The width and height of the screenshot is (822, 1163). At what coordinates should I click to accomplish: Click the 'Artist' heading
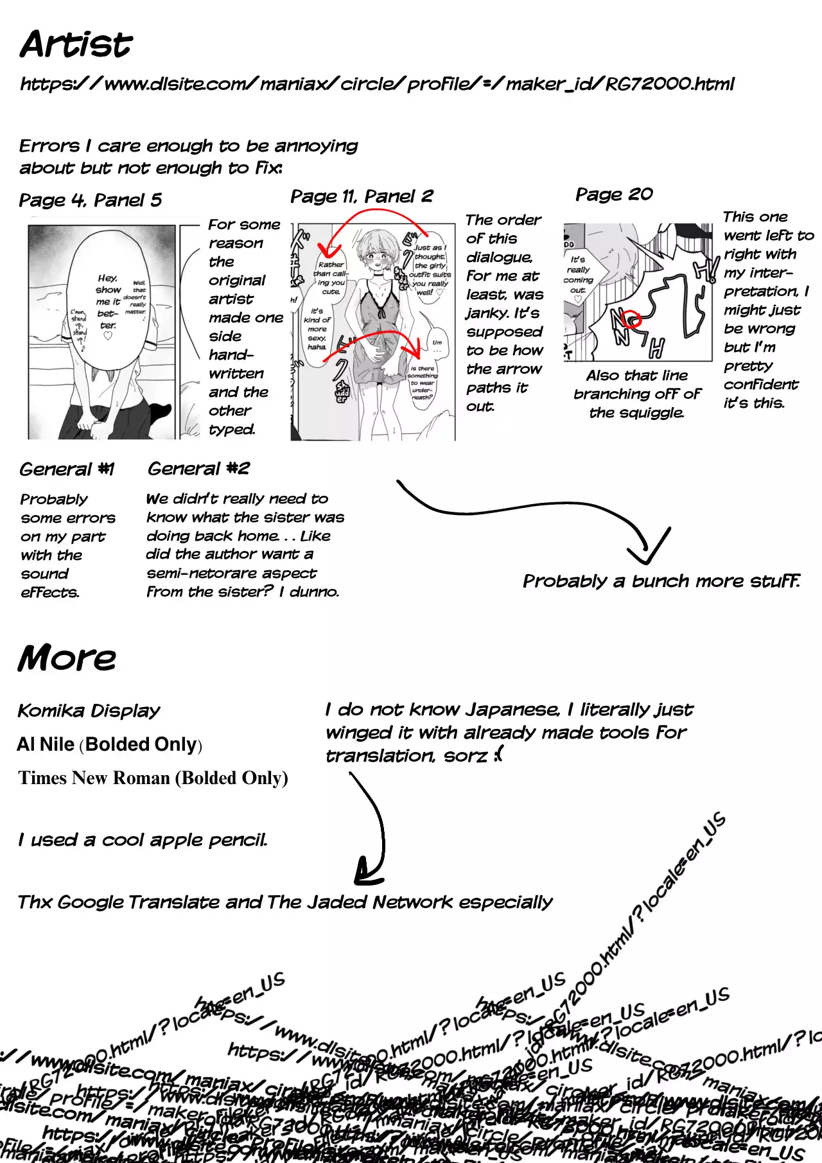click(x=76, y=44)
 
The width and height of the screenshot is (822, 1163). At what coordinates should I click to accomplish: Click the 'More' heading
click(x=67, y=658)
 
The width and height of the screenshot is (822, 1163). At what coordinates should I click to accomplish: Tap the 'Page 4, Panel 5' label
click(x=91, y=200)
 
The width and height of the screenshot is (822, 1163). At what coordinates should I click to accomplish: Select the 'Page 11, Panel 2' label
click(x=362, y=197)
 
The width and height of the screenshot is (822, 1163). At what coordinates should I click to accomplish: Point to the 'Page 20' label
click(x=614, y=195)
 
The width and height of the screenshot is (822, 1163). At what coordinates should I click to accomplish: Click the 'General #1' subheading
click(x=67, y=469)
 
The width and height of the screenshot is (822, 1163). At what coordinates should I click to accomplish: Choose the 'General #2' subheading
click(x=198, y=469)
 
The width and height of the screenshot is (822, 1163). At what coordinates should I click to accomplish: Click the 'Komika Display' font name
click(x=89, y=711)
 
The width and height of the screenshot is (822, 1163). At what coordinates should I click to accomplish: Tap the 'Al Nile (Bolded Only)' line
click(x=110, y=744)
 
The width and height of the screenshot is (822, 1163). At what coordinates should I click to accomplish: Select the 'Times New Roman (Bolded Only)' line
click(x=153, y=778)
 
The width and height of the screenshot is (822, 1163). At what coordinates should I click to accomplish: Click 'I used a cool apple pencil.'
click(x=143, y=840)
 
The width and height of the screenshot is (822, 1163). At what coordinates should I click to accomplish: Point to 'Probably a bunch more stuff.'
click(x=661, y=581)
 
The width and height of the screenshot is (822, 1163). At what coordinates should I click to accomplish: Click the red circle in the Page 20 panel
click(x=633, y=319)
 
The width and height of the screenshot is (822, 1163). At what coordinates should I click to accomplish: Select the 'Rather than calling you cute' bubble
click(x=331, y=277)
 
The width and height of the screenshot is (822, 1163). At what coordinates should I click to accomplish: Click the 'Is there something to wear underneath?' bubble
click(x=423, y=383)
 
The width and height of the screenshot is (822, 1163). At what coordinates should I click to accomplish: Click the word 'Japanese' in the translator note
click(x=512, y=710)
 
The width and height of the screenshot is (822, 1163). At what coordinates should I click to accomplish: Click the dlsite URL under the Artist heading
click(x=377, y=84)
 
